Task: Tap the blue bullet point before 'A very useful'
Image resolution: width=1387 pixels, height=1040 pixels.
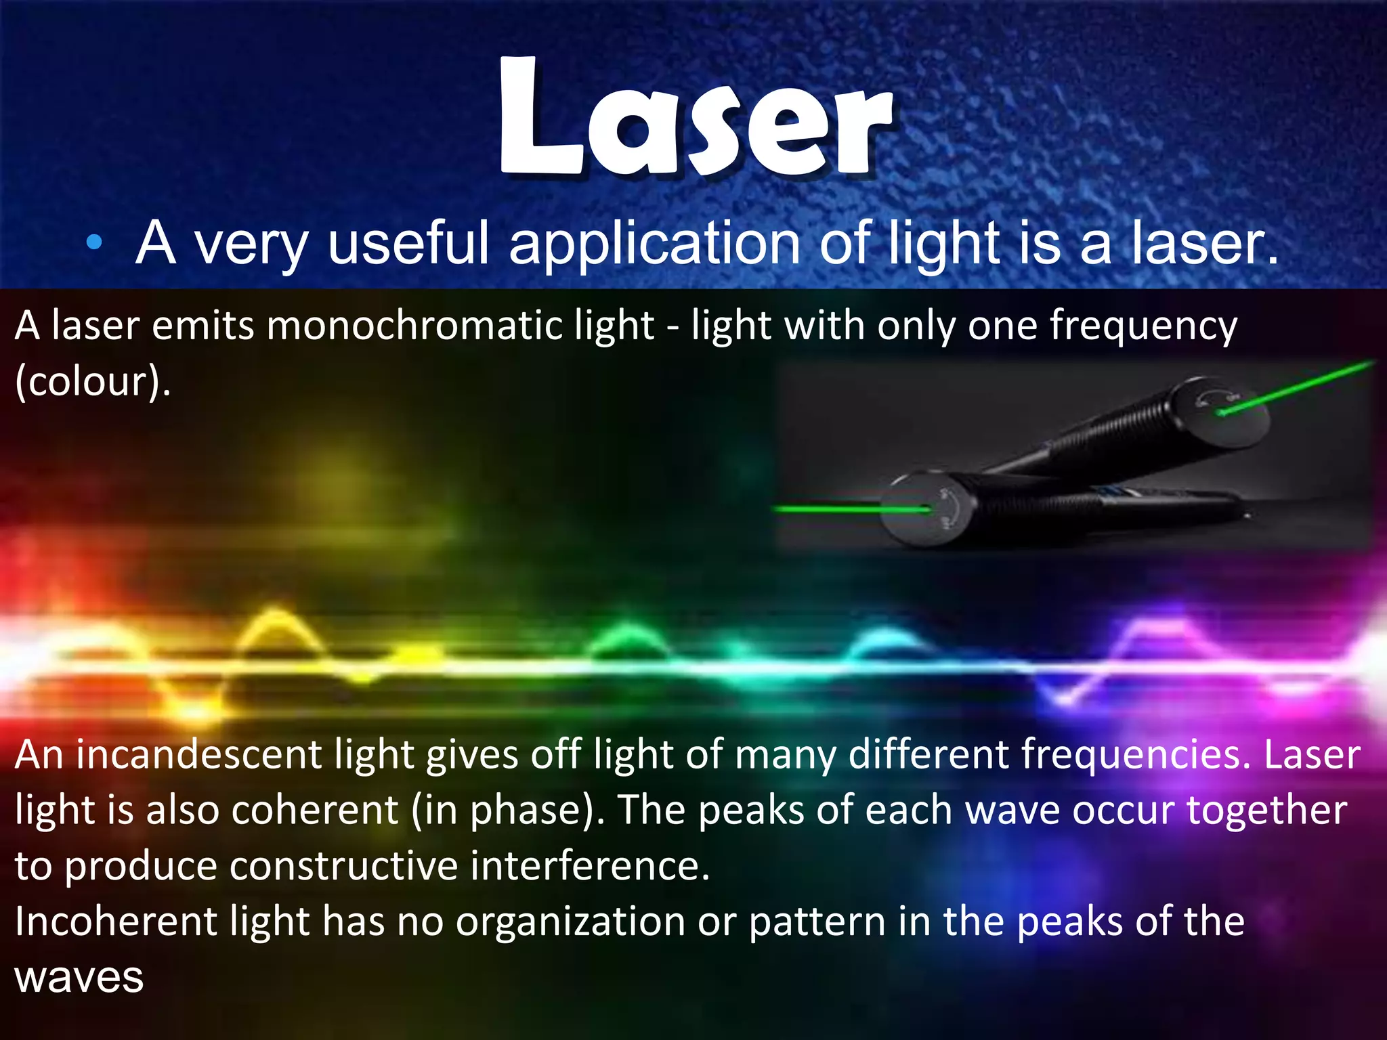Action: [x=95, y=242]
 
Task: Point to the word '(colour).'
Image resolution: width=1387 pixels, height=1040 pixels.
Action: [x=93, y=381]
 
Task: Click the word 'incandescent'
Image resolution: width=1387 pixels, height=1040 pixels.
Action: [x=198, y=755]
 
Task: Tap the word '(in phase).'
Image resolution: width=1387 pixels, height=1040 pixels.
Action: [x=509, y=810]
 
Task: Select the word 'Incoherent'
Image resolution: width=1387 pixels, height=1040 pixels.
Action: [x=115, y=922]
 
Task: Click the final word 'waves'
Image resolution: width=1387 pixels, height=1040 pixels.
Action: [x=79, y=978]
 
